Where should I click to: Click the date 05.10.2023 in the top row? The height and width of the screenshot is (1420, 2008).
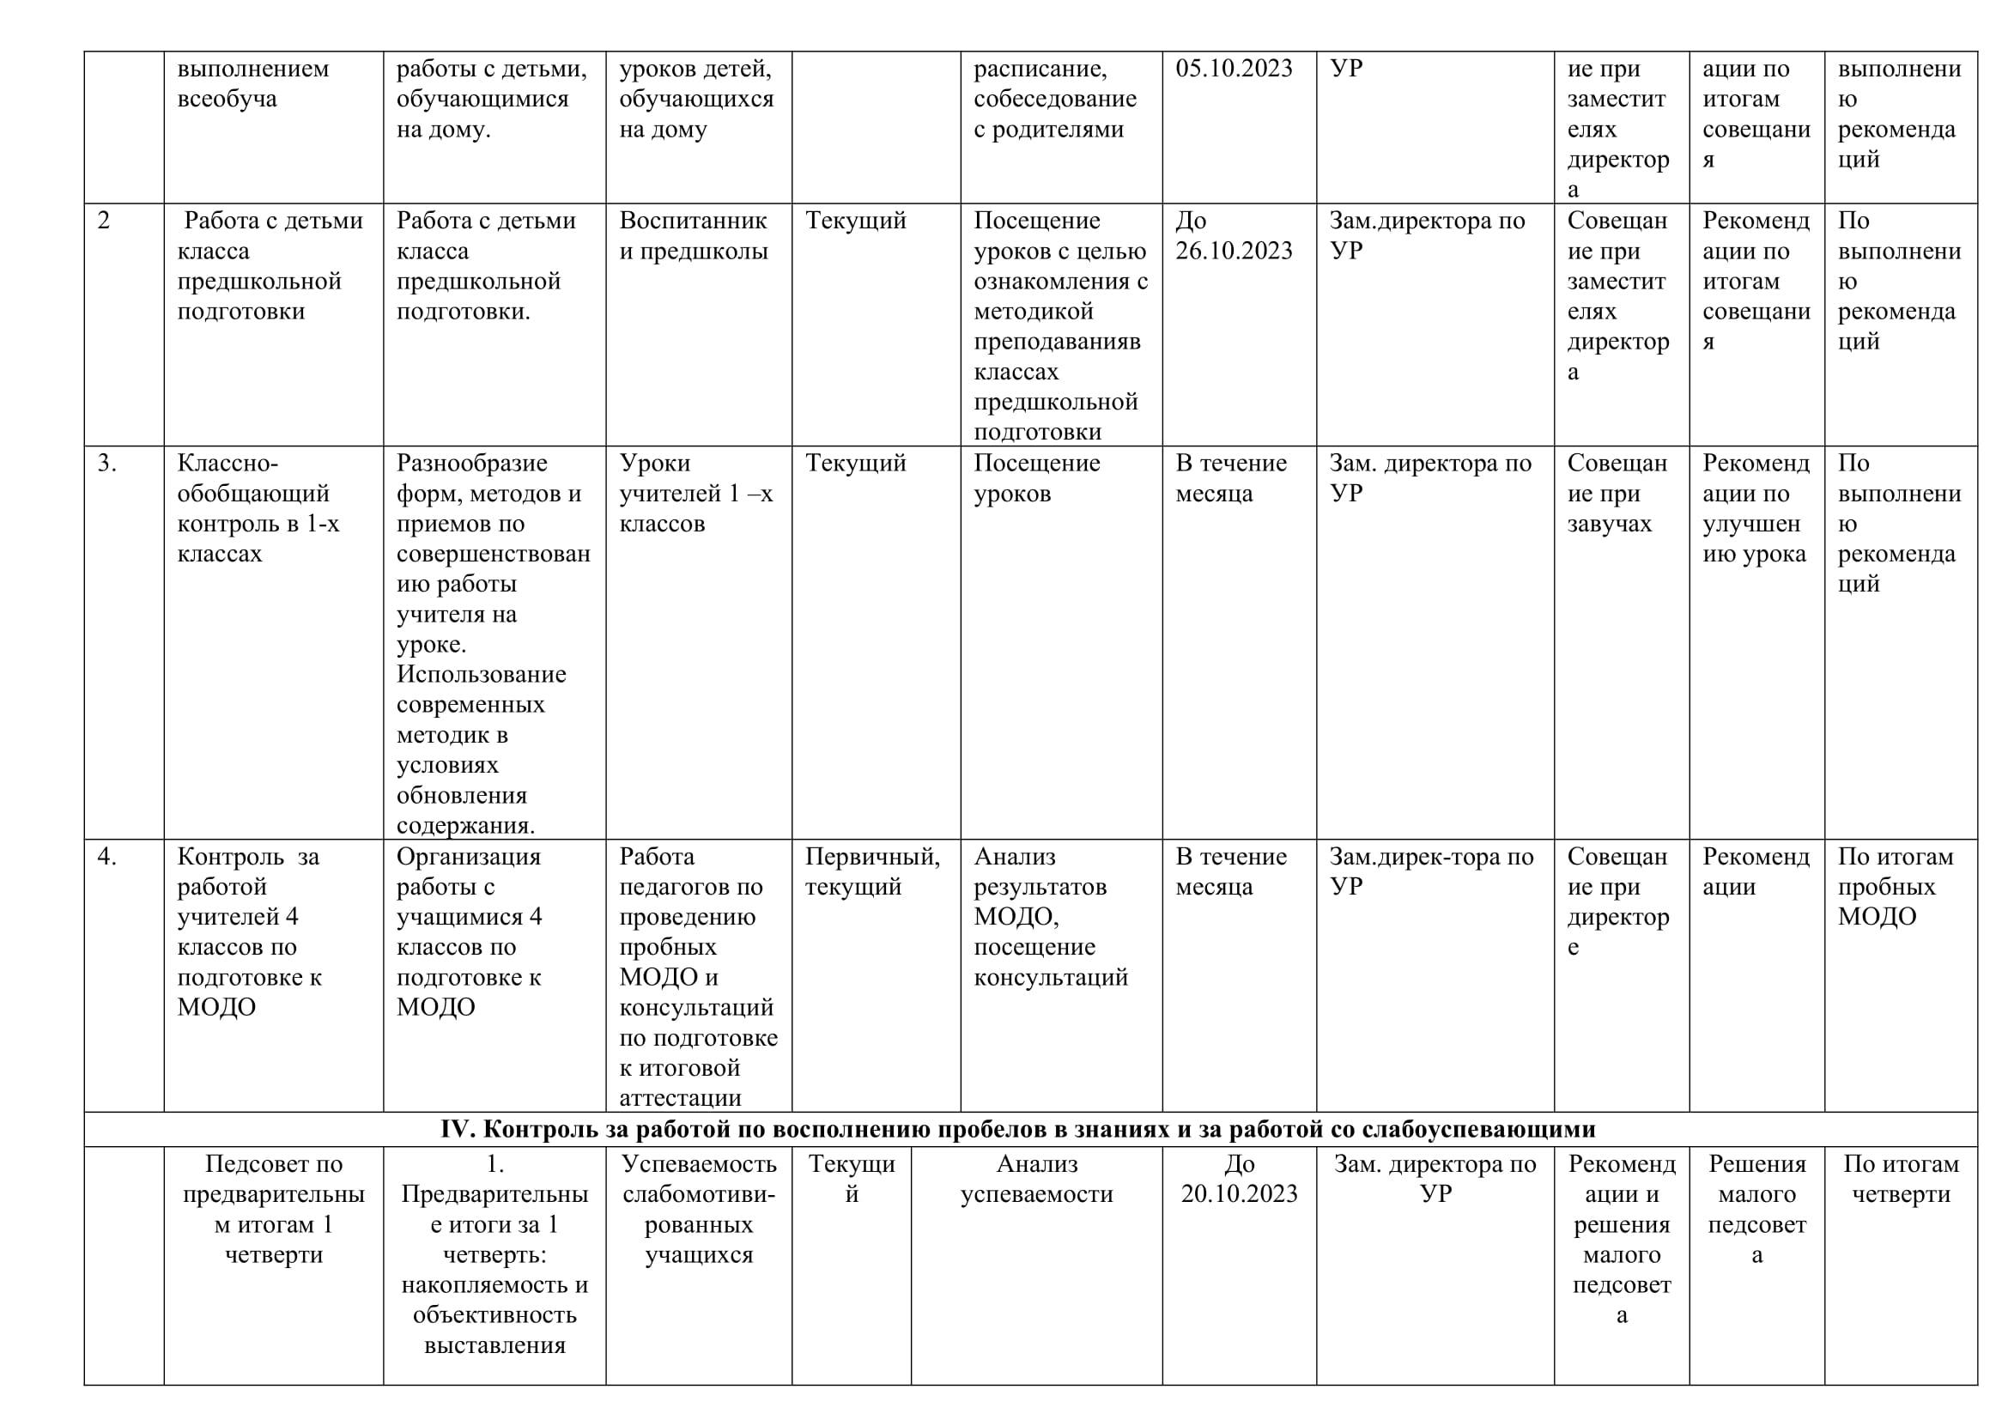[x=1233, y=68]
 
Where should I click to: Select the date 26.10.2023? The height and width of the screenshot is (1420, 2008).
[x=1233, y=251]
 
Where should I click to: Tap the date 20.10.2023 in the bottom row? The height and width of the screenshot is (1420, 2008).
[x=1240, y=1193]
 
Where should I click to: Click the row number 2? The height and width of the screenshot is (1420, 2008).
[x=104, y=221]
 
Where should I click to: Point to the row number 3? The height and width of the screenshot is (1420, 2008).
[x=106, y=463]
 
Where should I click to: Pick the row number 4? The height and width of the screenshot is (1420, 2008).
[x=106, y=856]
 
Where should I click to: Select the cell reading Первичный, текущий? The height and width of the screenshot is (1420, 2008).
[x=872, y=871]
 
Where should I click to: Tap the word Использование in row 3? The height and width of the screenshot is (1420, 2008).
[x=481, y=674]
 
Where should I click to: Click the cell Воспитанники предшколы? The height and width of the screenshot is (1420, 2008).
[x=694, y=235]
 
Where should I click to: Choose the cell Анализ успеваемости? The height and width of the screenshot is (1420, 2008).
[x=1036, y=1179]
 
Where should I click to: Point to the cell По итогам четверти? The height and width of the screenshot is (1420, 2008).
[x=1901, y=1179]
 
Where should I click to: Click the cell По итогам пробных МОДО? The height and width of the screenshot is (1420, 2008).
[x=1896, y=887]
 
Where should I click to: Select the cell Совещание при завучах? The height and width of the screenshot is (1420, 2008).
[x=1617, y=493]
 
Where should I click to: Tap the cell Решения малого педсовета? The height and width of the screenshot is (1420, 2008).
[x=1756, y=1209]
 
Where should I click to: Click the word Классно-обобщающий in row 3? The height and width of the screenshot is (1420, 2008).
[x=252, y=477]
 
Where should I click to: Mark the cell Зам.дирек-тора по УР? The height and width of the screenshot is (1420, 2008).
[x=1431, y=871]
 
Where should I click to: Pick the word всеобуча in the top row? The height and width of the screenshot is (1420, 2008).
[x=227, y=99]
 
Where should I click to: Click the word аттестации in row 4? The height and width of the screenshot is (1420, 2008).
[x=681, y=1097]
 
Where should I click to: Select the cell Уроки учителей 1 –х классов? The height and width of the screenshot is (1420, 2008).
[x=696, y=493]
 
